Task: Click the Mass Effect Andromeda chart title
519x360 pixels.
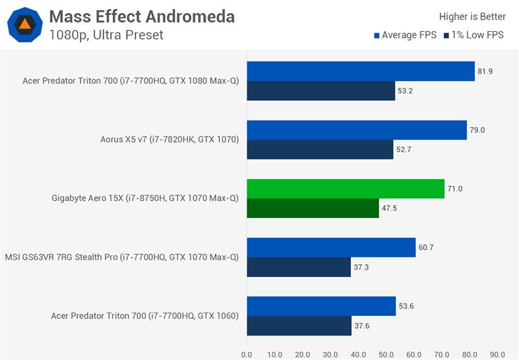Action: (x=141, y=16)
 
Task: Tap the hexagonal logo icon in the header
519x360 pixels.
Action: (x=25, y=25)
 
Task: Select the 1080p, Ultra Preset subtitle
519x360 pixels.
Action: (x=106, y=35)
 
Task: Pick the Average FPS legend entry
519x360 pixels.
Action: (x=405, y=35)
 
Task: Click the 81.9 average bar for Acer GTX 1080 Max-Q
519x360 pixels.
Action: (x=360, y=71)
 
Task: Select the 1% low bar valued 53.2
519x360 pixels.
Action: (x=320, y=91)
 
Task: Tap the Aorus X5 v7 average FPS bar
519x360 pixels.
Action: (x=356, y=130)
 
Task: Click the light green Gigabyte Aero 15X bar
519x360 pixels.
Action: (x=345, y=189)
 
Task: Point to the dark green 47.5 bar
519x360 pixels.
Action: (x=312, y=208)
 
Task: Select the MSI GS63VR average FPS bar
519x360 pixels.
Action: (x=331, y=248)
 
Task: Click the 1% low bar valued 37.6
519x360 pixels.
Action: (x=298, y=326)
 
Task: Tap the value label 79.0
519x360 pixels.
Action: (x=477, y=130)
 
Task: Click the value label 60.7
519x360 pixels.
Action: (x=426, y=248)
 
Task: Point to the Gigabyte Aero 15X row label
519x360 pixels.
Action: (x=145, y=198)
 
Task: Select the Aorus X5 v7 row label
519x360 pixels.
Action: (x=170, y=139)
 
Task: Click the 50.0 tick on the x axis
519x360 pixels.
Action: (x=386, y=354)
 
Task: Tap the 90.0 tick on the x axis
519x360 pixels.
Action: (x=498, y=354)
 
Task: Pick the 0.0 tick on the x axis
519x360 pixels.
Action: (x=247, y=354)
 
